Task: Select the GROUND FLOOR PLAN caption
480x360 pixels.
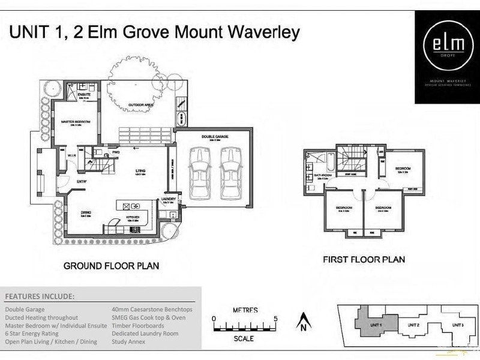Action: [112, 265]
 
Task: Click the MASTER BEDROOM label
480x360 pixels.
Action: [76, 122]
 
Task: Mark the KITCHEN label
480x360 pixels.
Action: [133, 217]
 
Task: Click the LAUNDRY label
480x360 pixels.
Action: [167, 199]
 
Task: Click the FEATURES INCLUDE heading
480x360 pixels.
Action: [40, 296]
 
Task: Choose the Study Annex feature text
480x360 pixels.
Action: [128, 342]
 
